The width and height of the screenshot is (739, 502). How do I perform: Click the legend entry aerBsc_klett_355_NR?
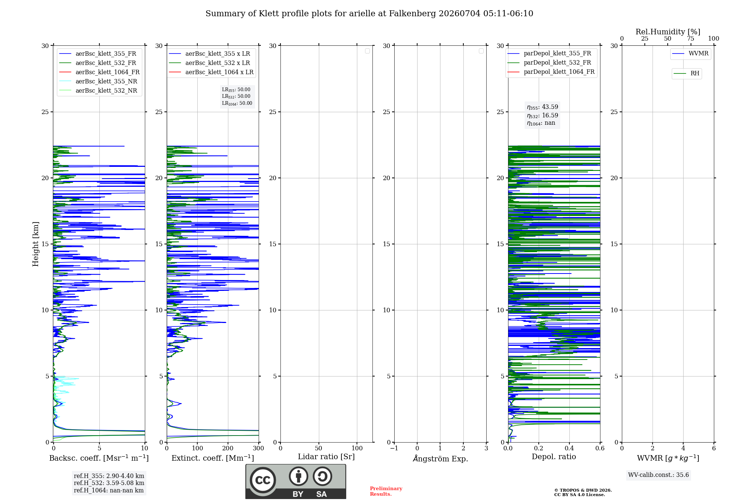tap(98, 81)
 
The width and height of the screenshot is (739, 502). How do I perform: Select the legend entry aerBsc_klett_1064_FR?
tap(99, 72)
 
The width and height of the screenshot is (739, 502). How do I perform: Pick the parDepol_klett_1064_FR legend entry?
tap(551, 72)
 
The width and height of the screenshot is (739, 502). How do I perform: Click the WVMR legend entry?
tap(690, 54)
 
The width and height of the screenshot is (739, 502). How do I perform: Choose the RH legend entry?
tap(686, 73)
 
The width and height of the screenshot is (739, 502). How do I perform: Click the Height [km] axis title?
tap(35, 244)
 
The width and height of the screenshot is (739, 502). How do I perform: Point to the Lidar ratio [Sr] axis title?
tap(326, 457)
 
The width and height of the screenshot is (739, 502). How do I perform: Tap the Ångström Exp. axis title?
tap(440, 458)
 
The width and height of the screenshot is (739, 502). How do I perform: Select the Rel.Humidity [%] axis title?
tap(668, 32)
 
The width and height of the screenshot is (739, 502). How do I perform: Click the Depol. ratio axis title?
tap(554, 457)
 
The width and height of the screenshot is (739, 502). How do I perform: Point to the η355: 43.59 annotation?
tap(542, 107)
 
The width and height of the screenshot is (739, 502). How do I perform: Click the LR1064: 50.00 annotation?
tap(237, 103)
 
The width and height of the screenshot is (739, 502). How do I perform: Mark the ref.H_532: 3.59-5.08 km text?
tap(109, 483)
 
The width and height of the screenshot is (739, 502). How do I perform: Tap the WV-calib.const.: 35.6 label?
tap(658, 475)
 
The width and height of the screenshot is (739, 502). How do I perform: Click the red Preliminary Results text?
tap(386, 491)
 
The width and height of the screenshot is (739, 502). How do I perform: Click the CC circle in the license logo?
tap(263, 480)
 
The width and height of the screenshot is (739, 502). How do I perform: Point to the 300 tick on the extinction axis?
tap(259, 448)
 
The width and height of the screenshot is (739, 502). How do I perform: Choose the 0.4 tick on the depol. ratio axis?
tap(569, 448)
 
